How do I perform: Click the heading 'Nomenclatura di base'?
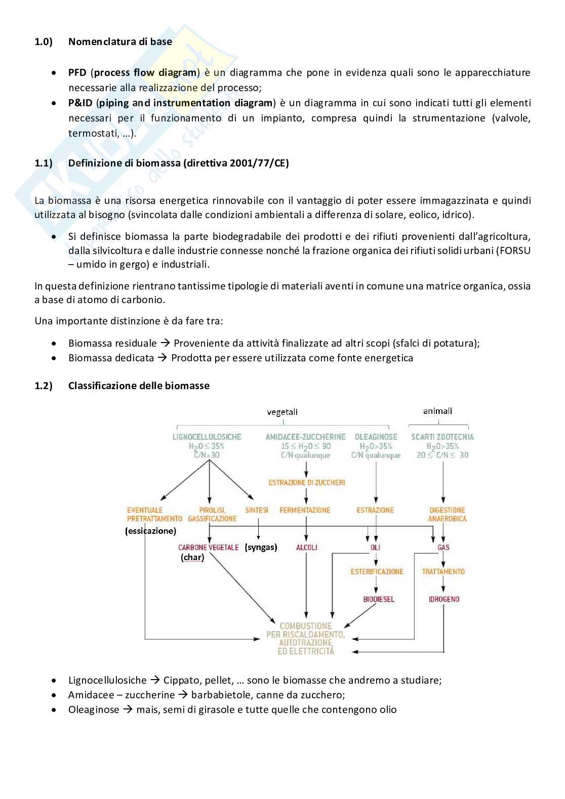pos(120,41)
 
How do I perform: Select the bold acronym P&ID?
pos(80,103)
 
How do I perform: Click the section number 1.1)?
pos(44,163)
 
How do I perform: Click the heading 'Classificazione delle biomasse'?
pos(139,386)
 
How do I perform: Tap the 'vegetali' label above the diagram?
pos(282,412)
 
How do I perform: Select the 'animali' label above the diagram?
pos(437,411)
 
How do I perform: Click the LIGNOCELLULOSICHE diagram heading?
pos(207,437)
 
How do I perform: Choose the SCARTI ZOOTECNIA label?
pos(442,437)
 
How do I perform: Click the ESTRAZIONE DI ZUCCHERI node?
pos(307,482)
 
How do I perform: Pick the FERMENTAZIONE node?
pos(305,510)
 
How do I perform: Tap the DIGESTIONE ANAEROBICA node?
pos(447,514)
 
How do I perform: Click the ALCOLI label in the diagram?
pos(307,547)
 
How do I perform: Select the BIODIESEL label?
pos(379,599)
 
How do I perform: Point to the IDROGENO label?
pos(444,599)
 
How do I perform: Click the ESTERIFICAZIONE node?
pos(377,571)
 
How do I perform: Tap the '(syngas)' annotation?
pos(261,547)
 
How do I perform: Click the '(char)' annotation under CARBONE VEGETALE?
pos(192,557)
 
